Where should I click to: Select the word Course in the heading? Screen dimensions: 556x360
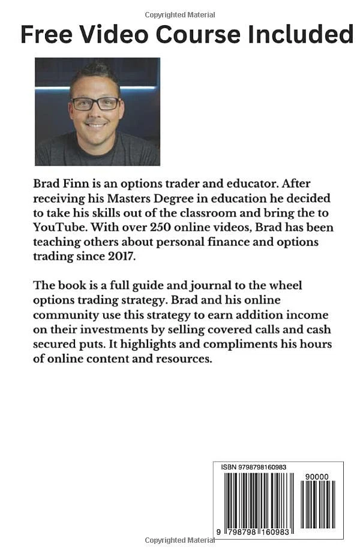(195, 35)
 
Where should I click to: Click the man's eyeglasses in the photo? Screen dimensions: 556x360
(96, 104)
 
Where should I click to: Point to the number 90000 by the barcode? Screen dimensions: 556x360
(316, 476)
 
